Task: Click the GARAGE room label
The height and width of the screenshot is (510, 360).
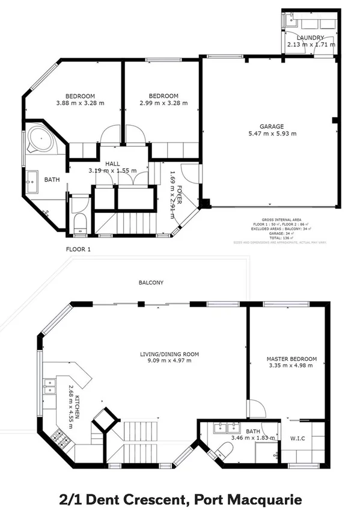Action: coord(272,126)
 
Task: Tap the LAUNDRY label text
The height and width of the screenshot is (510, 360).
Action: coord(310,37)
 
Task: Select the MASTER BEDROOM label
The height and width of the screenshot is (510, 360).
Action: coord(291,360)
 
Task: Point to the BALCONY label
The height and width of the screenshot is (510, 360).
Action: coord(151,282)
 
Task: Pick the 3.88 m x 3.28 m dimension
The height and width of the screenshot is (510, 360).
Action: coord(80,103)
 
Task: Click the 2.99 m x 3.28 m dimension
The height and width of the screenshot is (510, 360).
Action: coord(163,103)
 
